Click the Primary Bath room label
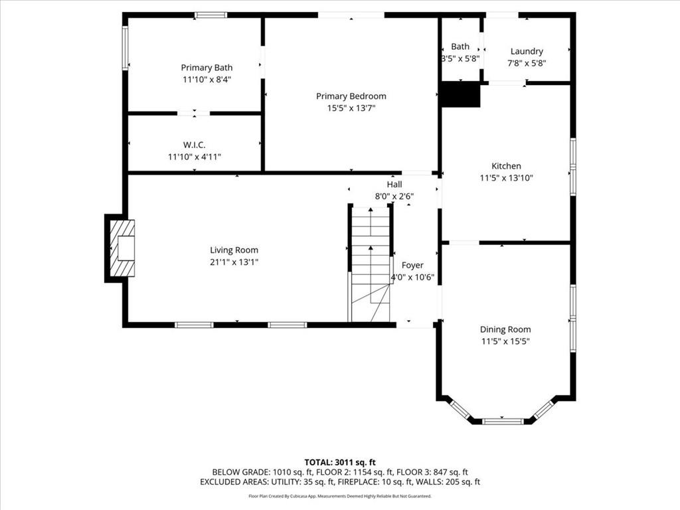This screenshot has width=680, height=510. [207, 68]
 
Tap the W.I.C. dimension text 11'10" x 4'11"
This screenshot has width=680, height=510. [195, 157]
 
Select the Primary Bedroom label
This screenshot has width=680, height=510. [351, 96]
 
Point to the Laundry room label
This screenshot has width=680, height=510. [527, 52]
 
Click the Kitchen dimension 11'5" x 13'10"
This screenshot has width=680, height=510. [506, 178]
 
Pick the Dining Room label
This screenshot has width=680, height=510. [505, 329]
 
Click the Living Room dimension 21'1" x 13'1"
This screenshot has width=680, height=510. [234, 262]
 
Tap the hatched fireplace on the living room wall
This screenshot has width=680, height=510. [122, 248]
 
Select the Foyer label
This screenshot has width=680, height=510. [412, 266]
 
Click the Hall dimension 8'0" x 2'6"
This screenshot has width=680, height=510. [394, 197]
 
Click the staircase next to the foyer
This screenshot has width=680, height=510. [371, 264]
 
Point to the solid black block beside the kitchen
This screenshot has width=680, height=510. [460, 94]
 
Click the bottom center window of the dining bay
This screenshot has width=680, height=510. [503, 421]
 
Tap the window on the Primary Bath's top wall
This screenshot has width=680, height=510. [211, 15]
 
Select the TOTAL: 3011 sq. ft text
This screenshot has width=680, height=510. [340, 462]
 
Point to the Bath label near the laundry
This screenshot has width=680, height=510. [460, 46]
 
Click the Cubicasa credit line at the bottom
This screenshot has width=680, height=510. [340, 496]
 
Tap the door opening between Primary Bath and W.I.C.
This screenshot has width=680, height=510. [194, 114]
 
